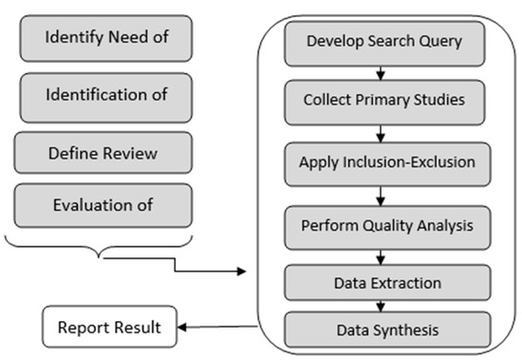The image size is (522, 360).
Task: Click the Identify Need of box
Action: [103, 40]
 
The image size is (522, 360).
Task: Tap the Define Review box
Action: [103, 152]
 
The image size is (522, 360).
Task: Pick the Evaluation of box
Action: [103, 203]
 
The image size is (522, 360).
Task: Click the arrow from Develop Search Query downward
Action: [380, 72]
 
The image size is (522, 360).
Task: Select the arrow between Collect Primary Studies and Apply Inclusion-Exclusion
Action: [380, 130]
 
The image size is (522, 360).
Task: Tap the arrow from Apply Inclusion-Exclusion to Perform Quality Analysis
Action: [380, 195]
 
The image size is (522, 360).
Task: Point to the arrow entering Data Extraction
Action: [380, 258]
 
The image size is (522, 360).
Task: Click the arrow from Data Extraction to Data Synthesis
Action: [380, 306]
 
